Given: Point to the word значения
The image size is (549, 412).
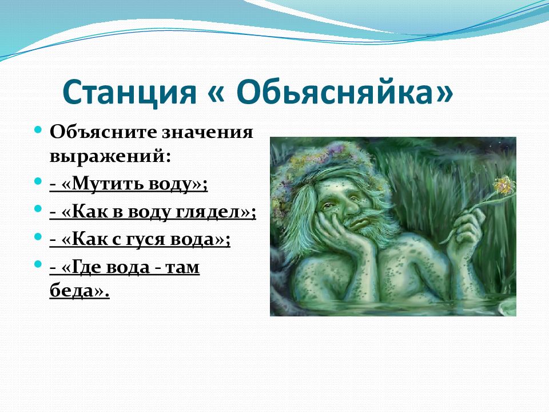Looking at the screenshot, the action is (x=207, y=132).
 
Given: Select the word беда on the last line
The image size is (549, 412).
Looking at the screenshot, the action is (x=72, y=291).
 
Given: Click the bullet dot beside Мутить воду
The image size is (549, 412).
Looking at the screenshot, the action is (x=38, y=182).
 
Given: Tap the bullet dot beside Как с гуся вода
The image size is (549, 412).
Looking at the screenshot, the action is (x=38, y=237).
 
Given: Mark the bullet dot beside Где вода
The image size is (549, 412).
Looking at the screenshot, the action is (x=38, y=264).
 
